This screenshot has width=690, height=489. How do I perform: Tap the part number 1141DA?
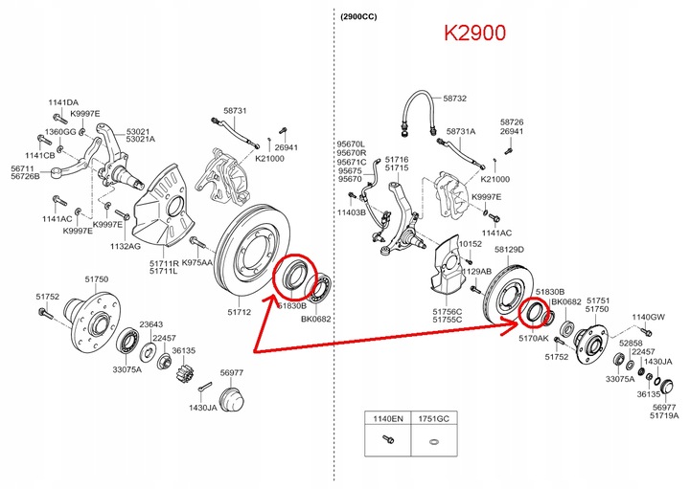pyautogui.click(x=64, y=102)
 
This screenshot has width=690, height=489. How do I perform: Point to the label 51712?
pyautogui.click(x=240, y=311)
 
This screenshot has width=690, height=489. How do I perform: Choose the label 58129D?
pyautogui.click(x=509, y=249)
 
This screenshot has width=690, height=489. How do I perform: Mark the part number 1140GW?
pyautogui.click(x=648, y=317)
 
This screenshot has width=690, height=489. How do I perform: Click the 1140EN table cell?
pyautogui.click(x=388, y=419)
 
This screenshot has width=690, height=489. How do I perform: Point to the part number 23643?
pyautogui.click(x=150, y=323)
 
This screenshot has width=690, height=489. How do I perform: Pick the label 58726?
pyautogui.click(x=513, y=122)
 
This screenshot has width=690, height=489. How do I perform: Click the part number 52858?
pyautogui.click(x=631, y=341)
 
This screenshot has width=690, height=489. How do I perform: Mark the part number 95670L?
pyautogui.click(x=351, y=144)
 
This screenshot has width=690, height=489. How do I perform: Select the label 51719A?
pyautogui.click(x=663, y=415)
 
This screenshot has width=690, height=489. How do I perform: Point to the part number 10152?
pyautogui.click(x=469, y=244)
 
